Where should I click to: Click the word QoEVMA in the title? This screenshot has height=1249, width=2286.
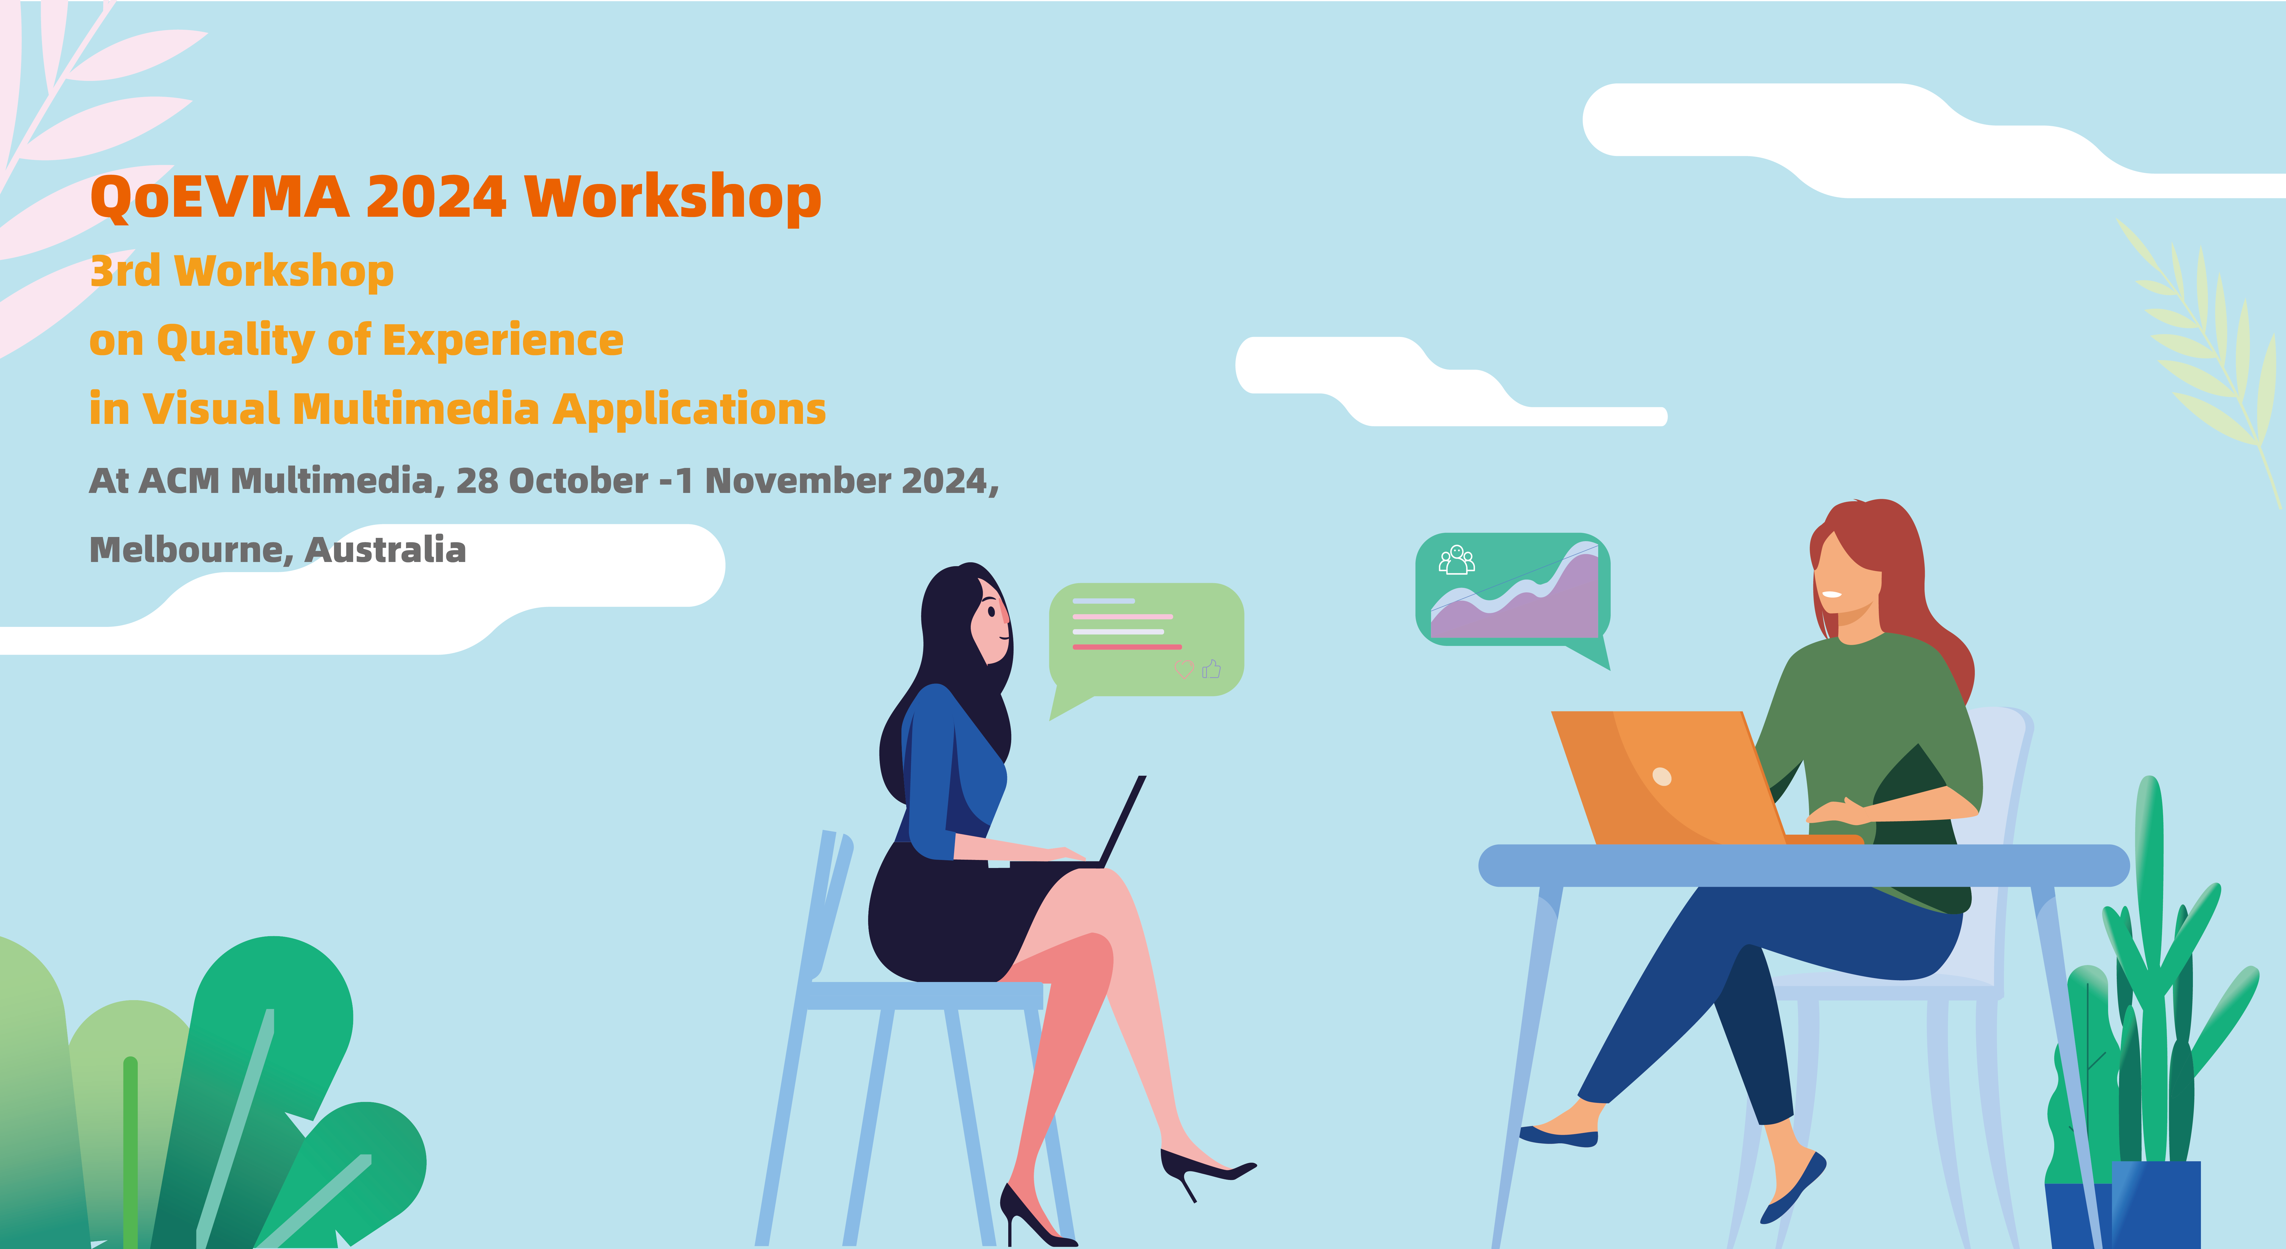point(219,197)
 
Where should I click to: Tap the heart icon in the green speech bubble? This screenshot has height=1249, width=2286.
point(1184,669)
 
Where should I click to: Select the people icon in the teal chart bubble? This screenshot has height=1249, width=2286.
point(1456,560)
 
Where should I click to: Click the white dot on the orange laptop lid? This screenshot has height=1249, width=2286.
point(1662,777)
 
